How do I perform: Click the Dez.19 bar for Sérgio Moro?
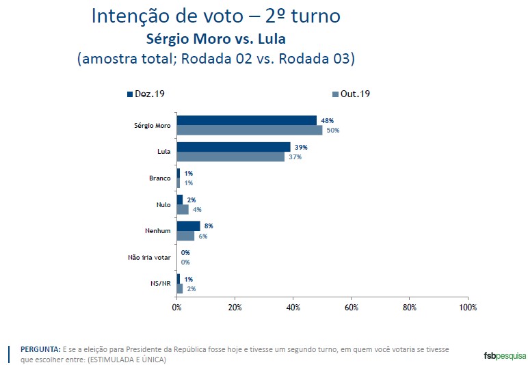coord(246,120)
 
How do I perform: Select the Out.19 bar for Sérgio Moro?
coord(249,130)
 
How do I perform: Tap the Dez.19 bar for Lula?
coord(233,147)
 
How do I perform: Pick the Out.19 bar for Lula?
coord(230,157)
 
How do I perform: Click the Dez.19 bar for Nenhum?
coord(188,226)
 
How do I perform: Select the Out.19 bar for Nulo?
coord(183,209)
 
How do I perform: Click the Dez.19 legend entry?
coord(145,94)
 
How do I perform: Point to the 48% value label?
coord(328,120)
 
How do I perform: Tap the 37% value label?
coord(295,157)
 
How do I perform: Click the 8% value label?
coord(209,226)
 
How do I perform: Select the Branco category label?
coord(159,178)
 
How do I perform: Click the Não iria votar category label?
coord(149,258)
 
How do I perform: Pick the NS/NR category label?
coord(160,284)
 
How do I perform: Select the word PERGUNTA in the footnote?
coord(40,349)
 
